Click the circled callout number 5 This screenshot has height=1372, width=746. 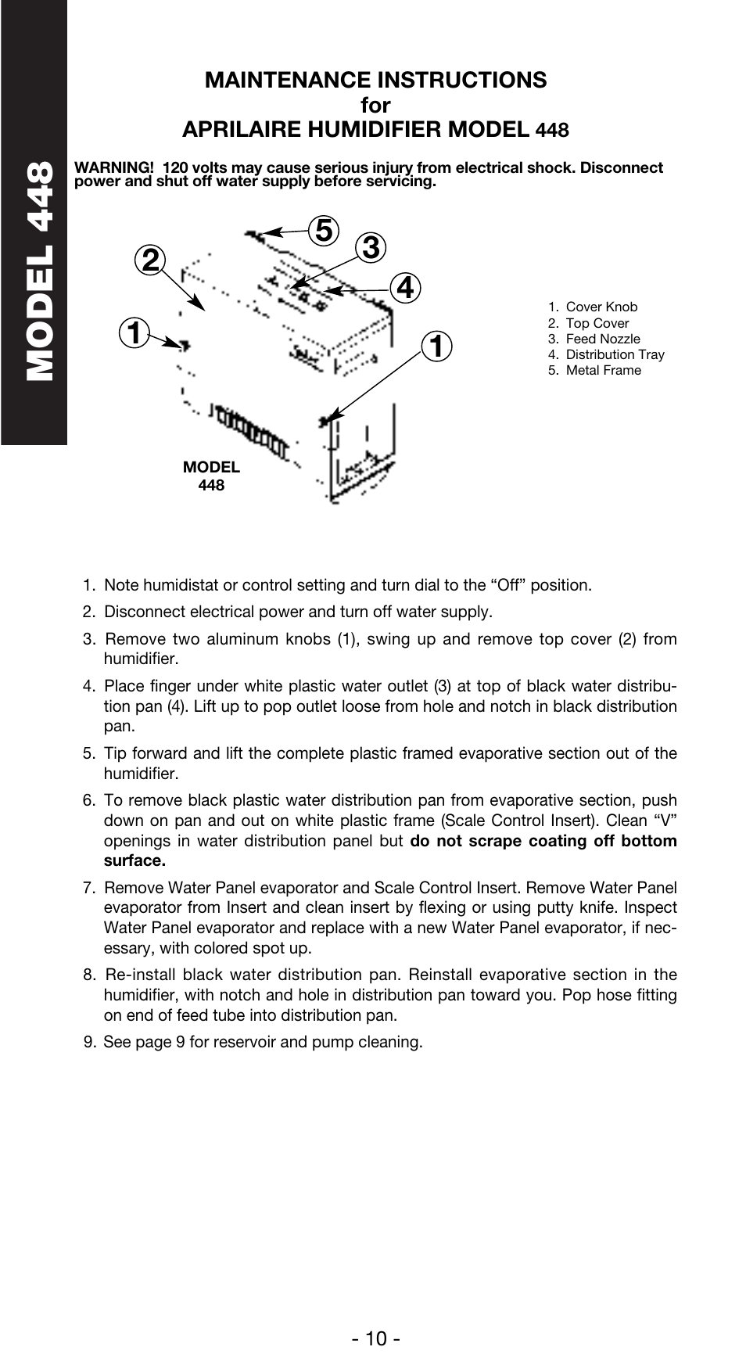(323, 231)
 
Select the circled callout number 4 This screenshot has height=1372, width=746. (405, 288)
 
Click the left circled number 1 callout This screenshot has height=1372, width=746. (134, 332)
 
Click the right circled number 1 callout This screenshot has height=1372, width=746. (436, 345)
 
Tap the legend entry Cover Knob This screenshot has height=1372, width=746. (601, 307)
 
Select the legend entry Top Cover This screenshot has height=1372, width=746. (597, 323)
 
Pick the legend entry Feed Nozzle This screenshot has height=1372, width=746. (602, 339)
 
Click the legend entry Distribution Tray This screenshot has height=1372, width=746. (615, 354)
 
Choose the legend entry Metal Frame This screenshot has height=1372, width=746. (603, 370)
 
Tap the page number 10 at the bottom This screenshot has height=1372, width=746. (375, 1338)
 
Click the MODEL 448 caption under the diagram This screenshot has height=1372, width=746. (211, 476)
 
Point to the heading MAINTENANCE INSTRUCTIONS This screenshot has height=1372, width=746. (375, 80)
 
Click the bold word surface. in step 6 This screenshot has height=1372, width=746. (134, 861)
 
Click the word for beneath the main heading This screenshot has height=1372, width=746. (375, 105)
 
